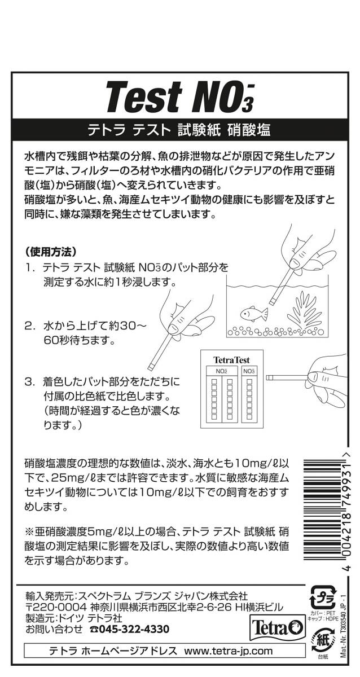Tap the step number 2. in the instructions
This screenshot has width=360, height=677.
tap(30, 326)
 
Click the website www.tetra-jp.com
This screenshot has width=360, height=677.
tap(228, 650)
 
